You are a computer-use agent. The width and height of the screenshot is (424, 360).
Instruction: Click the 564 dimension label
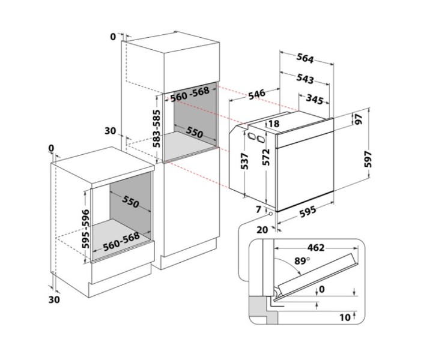point(305,58)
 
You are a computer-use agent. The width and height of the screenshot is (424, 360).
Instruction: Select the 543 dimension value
point(305,79)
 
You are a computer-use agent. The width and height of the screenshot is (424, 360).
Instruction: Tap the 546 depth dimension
point(256,95)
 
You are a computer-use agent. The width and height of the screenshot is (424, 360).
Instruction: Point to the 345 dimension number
point(315,100)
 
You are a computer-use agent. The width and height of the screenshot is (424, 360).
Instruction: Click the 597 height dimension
point(368,160)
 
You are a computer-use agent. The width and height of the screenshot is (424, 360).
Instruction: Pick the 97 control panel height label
point(359,119)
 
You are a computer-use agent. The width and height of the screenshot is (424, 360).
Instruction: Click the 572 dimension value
point(266,157)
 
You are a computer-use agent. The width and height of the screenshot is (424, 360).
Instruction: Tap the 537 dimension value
point(244,161)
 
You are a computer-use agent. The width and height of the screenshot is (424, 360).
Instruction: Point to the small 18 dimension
point(274,124)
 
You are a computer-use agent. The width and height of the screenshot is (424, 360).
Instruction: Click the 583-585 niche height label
point(156,128)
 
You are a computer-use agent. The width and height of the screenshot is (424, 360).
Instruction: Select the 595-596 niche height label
point(85,229)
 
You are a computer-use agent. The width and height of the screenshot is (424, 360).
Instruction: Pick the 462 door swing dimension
point(316,247)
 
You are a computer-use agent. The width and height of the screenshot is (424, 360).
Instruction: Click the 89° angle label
point(302,261)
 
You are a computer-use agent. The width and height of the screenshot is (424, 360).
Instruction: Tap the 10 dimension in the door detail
point(345,317)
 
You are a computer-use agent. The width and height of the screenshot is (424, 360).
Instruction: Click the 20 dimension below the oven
point(262,230)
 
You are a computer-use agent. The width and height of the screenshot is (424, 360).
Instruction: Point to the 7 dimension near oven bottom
point(258,209)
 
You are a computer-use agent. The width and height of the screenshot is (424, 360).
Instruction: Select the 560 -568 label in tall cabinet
point(190,94)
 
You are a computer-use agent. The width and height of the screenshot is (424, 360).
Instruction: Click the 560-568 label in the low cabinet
point(121,241)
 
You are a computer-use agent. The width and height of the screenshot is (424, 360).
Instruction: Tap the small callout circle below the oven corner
point(270,214)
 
